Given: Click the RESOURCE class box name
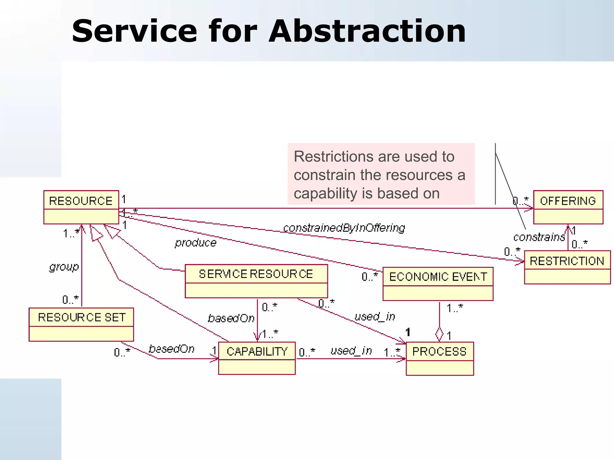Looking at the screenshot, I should (81, 201).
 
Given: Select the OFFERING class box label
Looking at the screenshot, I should (568, 201).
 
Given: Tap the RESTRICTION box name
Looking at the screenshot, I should (567, 261).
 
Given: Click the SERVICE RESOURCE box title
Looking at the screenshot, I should (256, 274).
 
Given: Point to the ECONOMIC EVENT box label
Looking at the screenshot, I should (438, 277).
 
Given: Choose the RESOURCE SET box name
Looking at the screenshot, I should (82, 317).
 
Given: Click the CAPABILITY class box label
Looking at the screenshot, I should (257, 351).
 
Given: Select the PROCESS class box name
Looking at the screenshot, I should (439, 351).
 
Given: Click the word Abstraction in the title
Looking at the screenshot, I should (367, 31).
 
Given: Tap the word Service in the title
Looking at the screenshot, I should (135, 31).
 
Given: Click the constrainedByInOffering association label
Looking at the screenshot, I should (344, 228).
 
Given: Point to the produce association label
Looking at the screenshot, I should (195, 243).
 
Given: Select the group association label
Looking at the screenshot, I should (64, 267).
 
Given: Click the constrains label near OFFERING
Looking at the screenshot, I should (539, 237).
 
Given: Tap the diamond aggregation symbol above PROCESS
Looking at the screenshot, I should (439, 334).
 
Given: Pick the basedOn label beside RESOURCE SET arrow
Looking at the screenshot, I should (171, 349).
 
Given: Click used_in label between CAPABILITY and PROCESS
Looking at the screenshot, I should (351, 350).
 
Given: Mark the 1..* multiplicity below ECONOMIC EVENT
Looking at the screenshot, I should (455, 308).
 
